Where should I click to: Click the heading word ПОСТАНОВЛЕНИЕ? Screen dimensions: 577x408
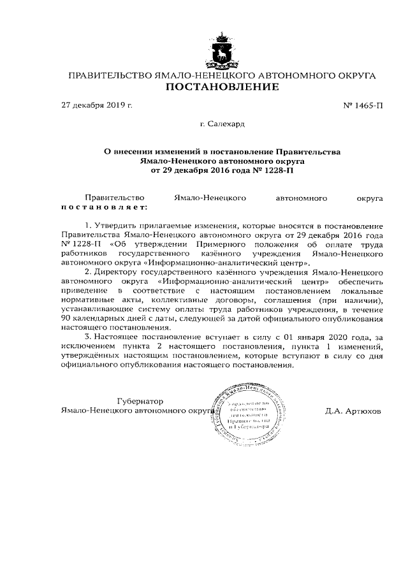point(222,87)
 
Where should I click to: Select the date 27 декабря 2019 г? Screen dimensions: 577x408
point(96,105)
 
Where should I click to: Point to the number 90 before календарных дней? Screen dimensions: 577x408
point(67,318)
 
